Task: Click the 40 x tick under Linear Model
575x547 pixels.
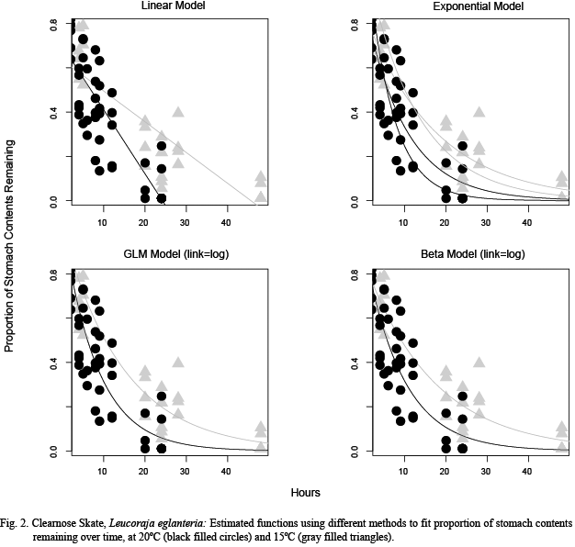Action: click(226, 222)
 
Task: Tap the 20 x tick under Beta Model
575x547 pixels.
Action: click(445, 474)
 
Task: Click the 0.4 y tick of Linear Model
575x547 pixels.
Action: click(53, 112)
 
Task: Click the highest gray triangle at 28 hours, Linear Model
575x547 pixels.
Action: click(178, 112)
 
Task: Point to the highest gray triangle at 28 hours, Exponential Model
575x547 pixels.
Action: click(479, 112)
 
